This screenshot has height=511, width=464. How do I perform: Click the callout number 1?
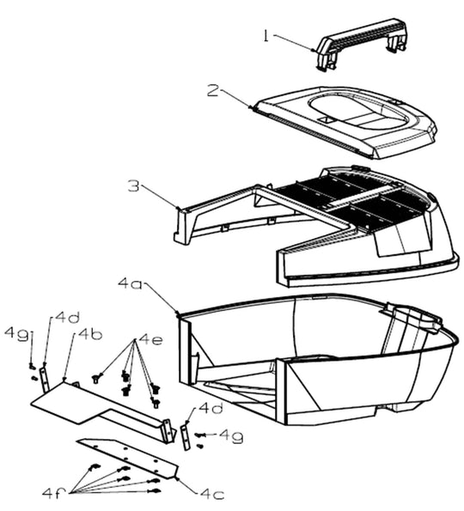click(x=266, y=36)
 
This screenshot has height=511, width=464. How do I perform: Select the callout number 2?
click(x=213, y=91)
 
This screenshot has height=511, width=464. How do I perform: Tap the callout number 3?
click(x=133, y=186)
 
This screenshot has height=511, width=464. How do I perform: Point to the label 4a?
click(x=130, y=283)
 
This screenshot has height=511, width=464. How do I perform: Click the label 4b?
click(x=89, y=335)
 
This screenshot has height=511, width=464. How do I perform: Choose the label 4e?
click(x=150, y=340)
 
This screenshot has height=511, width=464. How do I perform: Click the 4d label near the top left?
click(x=68, y=317)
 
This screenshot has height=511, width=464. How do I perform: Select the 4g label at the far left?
click(x=16, y=335)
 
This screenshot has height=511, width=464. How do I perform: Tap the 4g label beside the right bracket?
click(x=231, y=436)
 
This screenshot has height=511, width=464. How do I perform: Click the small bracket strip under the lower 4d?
click(x=186, y=437)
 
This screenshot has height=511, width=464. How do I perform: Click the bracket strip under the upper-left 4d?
click(x=45, y=379)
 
